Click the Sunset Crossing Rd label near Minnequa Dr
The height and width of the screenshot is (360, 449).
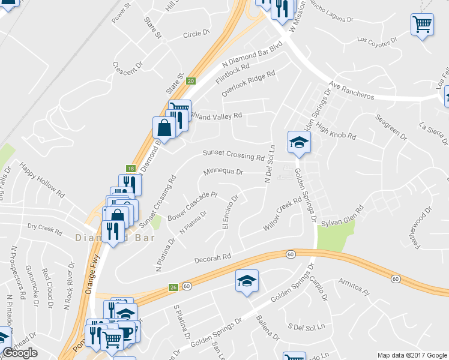click(234, 156)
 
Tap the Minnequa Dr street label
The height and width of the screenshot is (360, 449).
click(223, 172)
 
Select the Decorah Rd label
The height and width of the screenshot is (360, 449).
click(213, 258)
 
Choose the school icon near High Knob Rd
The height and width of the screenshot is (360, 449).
click(298, 142)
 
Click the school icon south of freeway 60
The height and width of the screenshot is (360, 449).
click(246, 281)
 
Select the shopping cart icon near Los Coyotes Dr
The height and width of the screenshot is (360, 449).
click(423, 25)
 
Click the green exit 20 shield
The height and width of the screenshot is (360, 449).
click(191, 80)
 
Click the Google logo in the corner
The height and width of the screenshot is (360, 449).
click(20, 353)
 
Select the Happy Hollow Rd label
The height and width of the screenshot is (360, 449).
click(42, 181)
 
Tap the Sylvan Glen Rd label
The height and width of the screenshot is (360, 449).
click(343, 217)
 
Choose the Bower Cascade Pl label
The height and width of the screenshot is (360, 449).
click(192, 205)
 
